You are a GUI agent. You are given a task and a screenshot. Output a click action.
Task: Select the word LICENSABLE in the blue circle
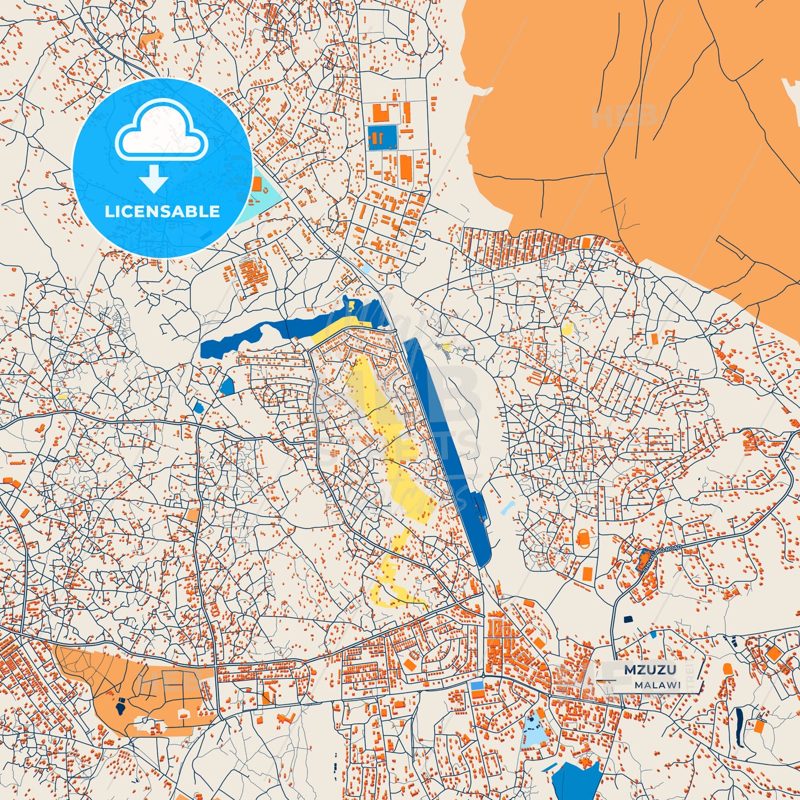pos(162,211)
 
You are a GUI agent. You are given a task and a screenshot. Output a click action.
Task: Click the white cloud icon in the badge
pos(161,136)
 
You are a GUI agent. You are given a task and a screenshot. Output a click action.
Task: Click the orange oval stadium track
pos(584,537)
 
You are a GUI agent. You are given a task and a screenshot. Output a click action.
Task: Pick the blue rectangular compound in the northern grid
pos(383,137)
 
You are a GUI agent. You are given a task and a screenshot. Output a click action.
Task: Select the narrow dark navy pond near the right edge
pos(740,720)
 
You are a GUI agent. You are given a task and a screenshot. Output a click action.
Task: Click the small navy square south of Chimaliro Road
pos(628,620)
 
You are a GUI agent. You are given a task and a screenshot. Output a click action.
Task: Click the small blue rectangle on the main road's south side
pos(477,685)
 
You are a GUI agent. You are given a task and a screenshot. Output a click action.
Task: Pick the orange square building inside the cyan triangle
pos(257,184)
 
